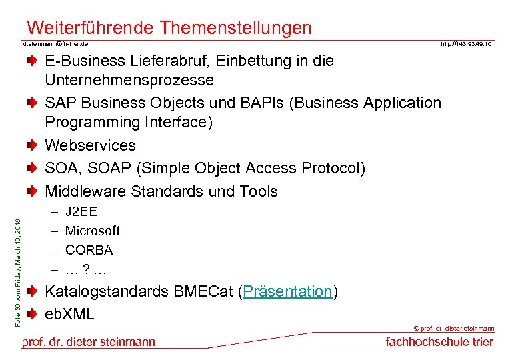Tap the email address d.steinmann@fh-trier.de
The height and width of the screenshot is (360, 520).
tap(56, 44)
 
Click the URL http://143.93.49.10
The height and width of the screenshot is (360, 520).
tap(467, 44)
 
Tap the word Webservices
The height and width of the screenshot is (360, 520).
tap(90, 145)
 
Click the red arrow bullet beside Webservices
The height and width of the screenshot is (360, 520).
tap(32, 145)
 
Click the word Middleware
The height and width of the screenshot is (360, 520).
tap(85, 191)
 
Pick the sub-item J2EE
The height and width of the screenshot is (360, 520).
tap(81, 212)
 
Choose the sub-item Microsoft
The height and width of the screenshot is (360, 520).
tap(92, 231)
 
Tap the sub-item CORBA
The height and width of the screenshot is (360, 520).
tap(89, 251)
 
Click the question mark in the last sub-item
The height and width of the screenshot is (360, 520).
tap(86, 270)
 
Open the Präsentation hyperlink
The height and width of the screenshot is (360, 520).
tap(288, 292)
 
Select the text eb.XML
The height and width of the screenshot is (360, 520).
tap(69, 314)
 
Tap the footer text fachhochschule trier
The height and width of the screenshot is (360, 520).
tap(439, 342)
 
